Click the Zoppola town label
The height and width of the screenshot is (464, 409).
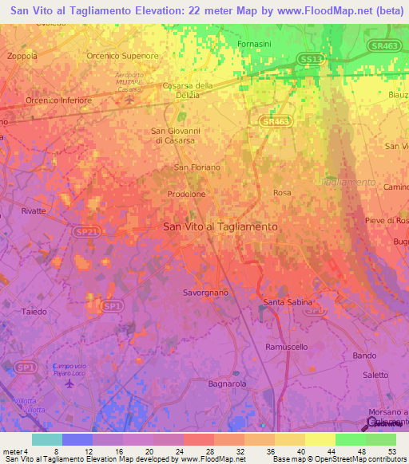tap(22, 57)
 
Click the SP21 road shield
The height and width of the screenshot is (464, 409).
tap(89, 232)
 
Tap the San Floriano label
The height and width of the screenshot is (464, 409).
tap(197, 167)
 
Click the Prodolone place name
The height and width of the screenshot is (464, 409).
tap(188, 194)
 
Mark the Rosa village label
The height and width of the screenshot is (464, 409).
tap(282, 193)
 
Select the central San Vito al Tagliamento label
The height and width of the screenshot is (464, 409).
tap(220, 226)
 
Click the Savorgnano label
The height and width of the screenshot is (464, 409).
tap(205, 293)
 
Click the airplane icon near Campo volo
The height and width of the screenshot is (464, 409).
tap(69, 383)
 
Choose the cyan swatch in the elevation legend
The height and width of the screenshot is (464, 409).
tap(47, 439)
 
